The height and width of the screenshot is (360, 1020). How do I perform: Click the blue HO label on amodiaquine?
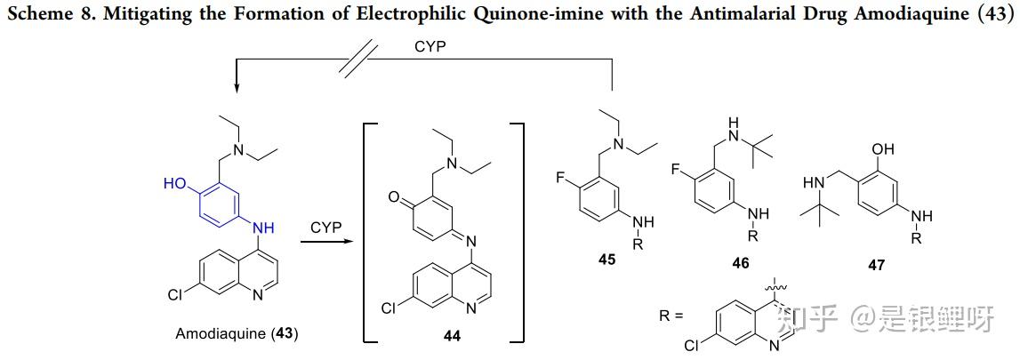coord(174,184)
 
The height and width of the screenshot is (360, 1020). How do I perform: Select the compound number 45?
coord(606,260)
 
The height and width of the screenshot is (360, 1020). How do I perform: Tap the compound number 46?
coord(740,263)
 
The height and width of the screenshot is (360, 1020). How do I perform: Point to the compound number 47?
coord(876,265)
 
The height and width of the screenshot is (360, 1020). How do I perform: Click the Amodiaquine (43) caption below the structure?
coord(237,333)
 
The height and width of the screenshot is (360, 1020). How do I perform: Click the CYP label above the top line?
coord(430,48)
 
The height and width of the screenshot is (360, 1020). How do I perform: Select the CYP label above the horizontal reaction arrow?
coord(326,228)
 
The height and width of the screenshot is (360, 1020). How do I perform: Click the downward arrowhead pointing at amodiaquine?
coord(237,89)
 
